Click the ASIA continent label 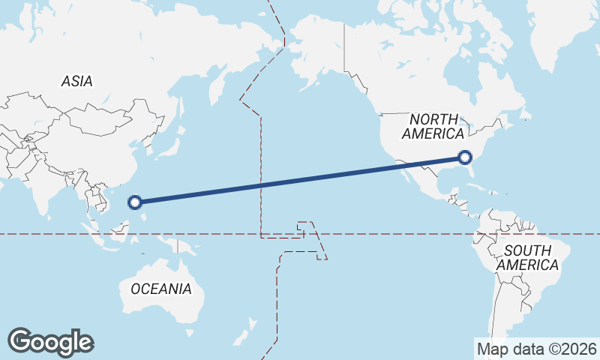point(77,81)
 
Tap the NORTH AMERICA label point(433,127)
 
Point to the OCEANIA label point(160,289)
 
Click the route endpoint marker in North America point(465,157)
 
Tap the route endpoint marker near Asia point(135,202)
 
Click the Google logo point(51,342)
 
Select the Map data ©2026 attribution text point(537,349)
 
